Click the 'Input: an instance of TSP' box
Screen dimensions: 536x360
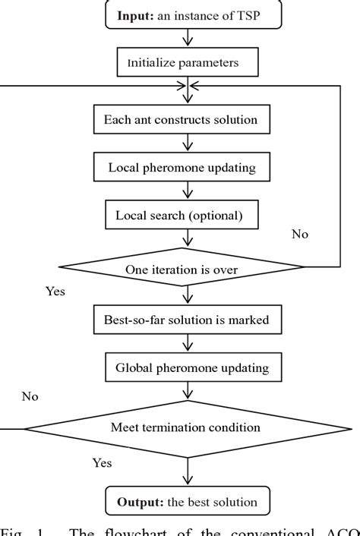186,16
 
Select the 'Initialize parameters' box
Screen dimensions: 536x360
186,63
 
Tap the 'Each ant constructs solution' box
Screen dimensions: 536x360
186,119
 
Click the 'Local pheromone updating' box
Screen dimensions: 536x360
186,167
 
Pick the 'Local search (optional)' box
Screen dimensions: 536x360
186,215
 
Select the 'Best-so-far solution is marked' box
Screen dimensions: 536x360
186,319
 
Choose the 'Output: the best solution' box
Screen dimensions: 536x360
186,502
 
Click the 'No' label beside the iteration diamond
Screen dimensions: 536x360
300,235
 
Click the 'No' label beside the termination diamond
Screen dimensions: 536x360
30,396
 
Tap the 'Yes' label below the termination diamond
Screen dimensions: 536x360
103,462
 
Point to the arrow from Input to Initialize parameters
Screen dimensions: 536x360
186,39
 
